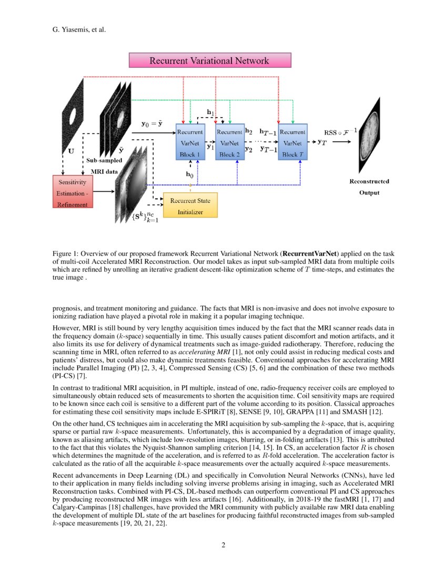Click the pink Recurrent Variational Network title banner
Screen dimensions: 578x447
[x=210, y=60]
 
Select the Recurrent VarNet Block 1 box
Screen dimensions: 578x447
[x=189, y=142]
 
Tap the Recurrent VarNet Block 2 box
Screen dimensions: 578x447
[x=229, y=142]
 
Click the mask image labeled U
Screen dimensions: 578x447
[x=72, y=115]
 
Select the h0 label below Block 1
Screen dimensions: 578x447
[x=189, y=173]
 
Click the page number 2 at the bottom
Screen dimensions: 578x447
[x=223, y=544]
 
